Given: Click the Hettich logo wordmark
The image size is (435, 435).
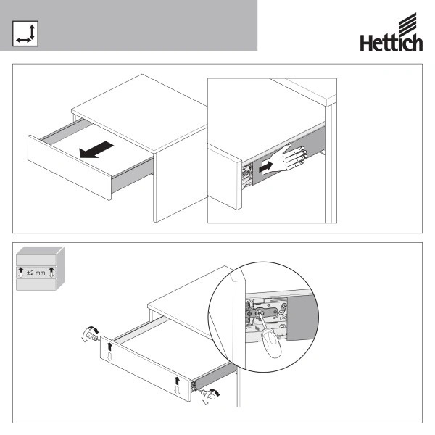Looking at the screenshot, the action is (391, 43).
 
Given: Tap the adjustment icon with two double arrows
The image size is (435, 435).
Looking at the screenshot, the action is (25, 33).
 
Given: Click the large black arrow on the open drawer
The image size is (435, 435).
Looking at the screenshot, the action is (96, 150).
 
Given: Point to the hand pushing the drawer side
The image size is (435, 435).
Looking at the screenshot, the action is (289, 157).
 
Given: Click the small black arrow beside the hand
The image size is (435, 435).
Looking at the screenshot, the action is (265, 167).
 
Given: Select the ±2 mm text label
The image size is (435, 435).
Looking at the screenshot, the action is (36, 273).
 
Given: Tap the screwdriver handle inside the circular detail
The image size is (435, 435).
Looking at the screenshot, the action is (271, 344).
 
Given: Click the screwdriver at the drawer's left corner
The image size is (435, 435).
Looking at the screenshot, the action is (91, 334).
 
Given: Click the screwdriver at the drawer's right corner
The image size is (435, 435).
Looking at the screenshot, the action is (210, 395).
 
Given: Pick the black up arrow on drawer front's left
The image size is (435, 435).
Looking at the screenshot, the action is (109, 347).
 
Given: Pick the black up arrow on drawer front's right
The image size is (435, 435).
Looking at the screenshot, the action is (177, 381).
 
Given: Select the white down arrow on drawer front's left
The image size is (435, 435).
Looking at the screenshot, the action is (110, 356).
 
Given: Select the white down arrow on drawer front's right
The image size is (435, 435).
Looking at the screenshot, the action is (178, 390).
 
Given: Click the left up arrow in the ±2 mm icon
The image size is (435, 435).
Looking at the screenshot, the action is (21, 270).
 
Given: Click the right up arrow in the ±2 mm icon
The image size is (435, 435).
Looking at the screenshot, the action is (51, 270).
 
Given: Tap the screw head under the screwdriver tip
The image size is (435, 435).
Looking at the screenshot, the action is (259, 312).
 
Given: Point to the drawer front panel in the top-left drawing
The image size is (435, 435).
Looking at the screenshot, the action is (70, 167).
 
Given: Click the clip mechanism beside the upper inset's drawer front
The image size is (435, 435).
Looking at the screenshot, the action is (247, 175).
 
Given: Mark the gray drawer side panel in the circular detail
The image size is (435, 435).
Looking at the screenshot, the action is (302, 317).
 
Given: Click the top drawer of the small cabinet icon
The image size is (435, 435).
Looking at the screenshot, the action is (36, 260).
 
